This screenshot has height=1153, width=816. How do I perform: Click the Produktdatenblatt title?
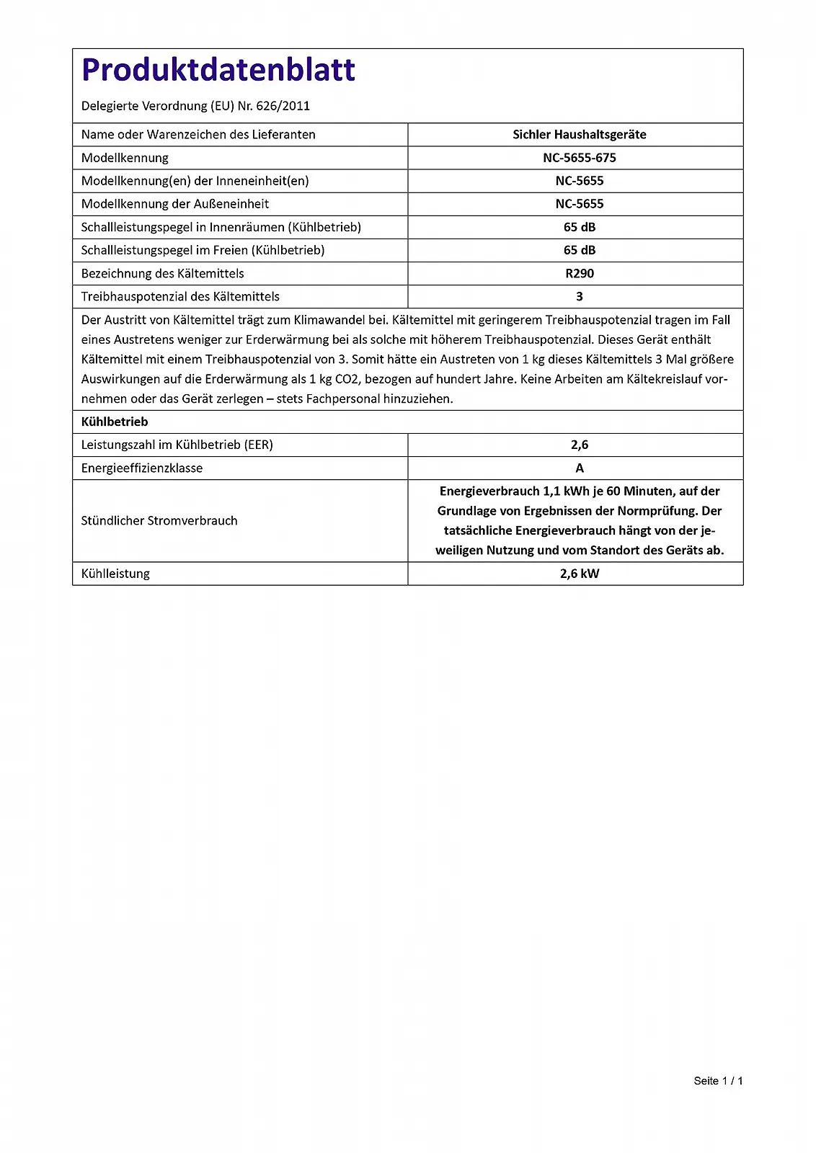218,70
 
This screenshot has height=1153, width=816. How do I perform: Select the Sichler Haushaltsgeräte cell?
579,135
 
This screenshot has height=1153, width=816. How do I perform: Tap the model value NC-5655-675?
579,158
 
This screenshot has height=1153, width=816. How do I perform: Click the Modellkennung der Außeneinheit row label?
175,204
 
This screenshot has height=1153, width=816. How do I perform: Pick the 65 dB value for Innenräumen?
579,227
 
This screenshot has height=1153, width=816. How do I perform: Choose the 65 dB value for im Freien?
579,250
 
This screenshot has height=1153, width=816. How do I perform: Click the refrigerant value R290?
579,273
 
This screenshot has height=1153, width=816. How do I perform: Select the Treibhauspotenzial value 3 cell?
579,296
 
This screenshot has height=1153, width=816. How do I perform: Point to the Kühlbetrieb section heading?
115,422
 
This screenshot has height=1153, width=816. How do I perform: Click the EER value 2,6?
579,445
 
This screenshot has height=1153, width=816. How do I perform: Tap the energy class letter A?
579,468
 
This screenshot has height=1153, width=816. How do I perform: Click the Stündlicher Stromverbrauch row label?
159,520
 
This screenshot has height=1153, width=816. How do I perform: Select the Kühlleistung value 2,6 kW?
579,574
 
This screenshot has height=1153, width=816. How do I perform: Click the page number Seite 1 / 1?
717,1080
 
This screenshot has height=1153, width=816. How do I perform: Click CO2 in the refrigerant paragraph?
347,379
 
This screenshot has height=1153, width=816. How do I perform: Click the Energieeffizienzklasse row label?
142,468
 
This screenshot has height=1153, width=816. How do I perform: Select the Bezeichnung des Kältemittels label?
163,273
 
